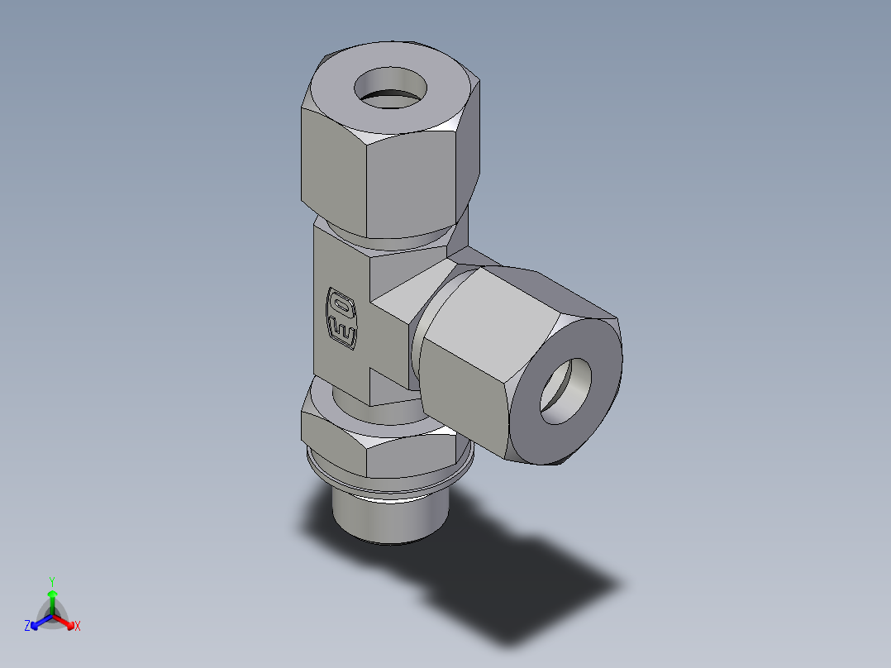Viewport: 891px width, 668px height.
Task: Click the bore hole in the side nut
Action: click(567, 390)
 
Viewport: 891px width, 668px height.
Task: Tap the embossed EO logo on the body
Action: click(341, 317)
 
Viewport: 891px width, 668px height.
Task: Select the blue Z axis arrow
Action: click(38, 622)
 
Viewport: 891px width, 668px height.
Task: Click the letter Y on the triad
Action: click(52, 580)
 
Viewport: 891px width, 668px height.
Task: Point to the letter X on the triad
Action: click(78, 627)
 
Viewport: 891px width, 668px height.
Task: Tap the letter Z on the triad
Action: click(27, 626)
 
